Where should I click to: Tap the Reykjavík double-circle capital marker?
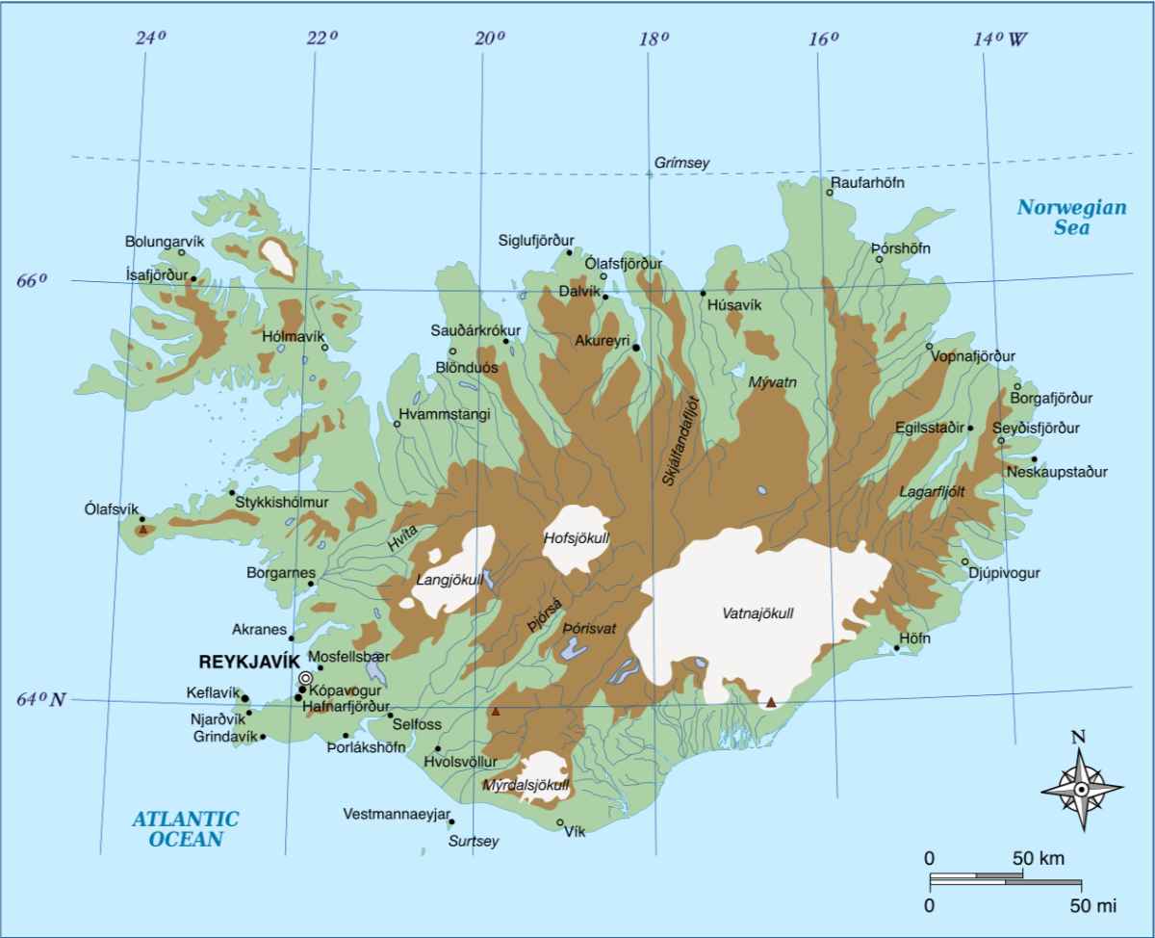[x=306, y=678]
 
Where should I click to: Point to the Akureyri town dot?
[x=636, y=347]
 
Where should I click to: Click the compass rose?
[x=1081, y=789]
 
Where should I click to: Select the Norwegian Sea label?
[x=1058, y=217]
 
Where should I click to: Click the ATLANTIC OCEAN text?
[x=185, y=828]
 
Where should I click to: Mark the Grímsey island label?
[x=681, y=163]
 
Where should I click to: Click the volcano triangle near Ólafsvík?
[x=142, y=529]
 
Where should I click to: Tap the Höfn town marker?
[x=896, y=648]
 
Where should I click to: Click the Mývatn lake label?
[x=773, y=382]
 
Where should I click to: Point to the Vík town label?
[x=575, y=833]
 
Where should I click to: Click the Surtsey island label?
[x=475, y=841]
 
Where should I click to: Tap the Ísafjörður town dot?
[x=193, y=279]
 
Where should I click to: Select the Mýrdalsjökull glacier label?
[x=526, y=784]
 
